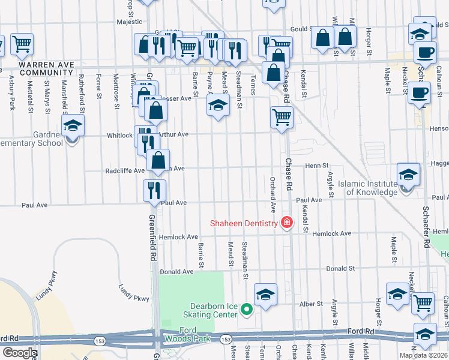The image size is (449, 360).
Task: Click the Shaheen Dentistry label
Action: pos(244,224)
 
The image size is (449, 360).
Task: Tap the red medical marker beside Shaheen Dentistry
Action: pos(287,223)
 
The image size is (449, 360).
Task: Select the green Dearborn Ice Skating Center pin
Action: pos(246,310)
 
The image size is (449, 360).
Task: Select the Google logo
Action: pos(20,353)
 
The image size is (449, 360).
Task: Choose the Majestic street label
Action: pos(129,22)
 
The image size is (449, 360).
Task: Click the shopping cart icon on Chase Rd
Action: pos(281,117)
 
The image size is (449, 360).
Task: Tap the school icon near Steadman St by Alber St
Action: pos(265,294)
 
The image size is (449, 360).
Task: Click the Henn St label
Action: pos(317,165)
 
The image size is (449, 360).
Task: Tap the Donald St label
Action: pos(339,269)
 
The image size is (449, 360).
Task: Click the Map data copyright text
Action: pos(423,355)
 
